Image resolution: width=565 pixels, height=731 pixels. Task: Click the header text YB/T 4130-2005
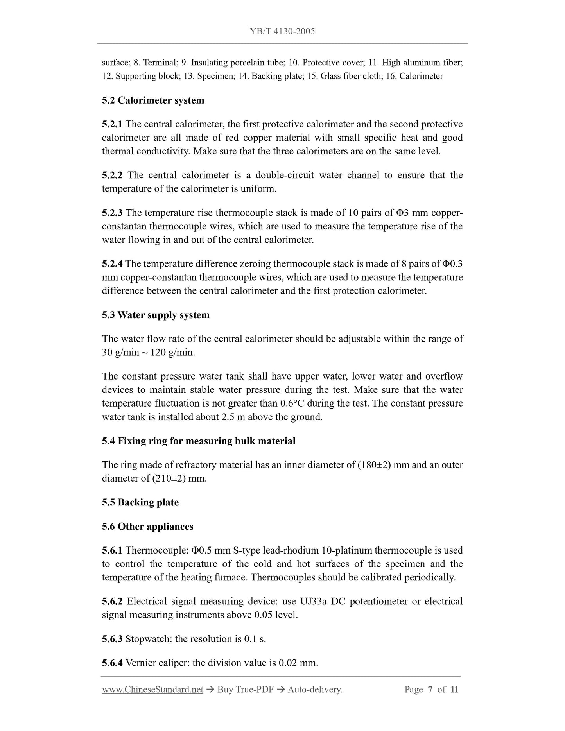point(282,31)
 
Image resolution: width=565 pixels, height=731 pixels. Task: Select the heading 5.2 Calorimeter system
point(153,100)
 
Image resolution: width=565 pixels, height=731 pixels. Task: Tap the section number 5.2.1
point(112,124)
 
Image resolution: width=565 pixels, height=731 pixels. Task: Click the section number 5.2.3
point(112,213)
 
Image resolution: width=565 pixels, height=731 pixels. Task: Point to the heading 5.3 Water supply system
point(156,315)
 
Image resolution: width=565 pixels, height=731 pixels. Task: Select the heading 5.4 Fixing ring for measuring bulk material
point(199,441)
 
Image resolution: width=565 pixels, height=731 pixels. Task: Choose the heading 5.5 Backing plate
point(140,503)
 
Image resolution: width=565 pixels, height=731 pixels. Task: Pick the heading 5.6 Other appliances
point(147,527)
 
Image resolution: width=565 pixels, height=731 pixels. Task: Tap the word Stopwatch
point(149,639)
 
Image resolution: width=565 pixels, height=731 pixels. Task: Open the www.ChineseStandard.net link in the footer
point(152,690)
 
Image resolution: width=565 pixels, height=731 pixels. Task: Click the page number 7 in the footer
point(430,690)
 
